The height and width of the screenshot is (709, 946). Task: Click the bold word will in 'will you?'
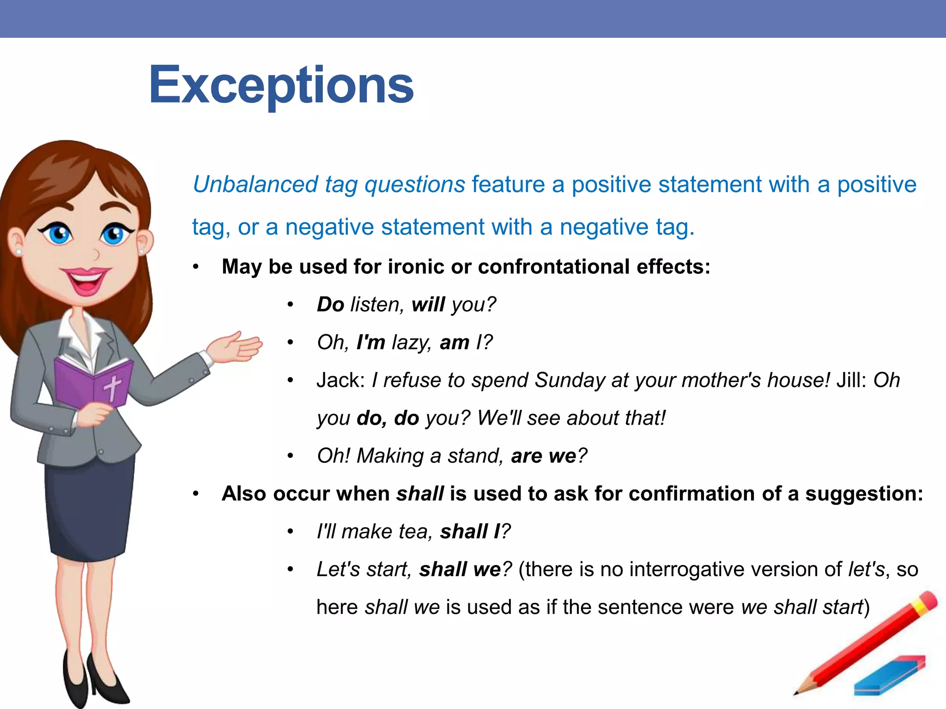(428, 305)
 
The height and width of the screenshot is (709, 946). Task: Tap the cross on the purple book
(112, 387)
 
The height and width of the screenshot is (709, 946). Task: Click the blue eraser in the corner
(890, 676)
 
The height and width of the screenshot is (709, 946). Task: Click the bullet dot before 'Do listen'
(290, 305)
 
